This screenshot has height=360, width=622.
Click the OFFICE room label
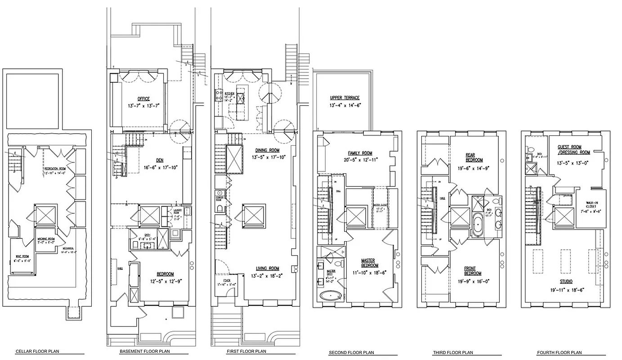pos(144,99)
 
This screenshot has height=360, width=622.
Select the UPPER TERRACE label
pos(345,98)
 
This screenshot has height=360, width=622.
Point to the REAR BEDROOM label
pos(474,157)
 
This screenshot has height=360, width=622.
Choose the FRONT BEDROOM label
pos(472,271)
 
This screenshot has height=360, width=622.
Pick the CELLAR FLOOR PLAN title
pos(37,351)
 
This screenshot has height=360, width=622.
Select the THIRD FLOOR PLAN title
pos(452,352)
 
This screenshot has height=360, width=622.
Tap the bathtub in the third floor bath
pos(478,224)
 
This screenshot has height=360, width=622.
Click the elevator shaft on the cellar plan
pos(45,215)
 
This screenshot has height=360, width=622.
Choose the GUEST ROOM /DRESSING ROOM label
pos(573,150)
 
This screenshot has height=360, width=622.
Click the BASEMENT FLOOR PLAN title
pos(144,351)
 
